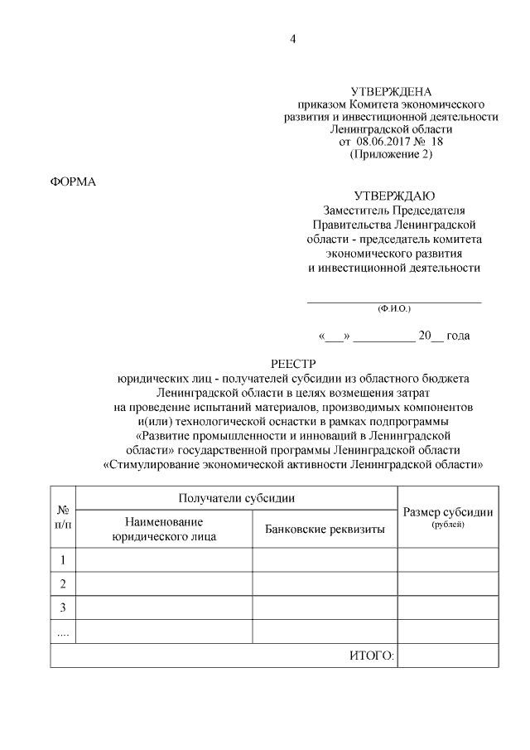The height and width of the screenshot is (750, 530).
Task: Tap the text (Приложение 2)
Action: tap(391, 154)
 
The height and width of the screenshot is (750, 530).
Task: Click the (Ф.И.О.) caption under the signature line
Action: tap(394, 307)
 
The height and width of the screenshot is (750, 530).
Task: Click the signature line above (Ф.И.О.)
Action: tap(394, 300)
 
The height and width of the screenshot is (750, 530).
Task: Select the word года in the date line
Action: tap(458, 336)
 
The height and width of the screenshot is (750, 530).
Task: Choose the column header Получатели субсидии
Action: tap(237, 497)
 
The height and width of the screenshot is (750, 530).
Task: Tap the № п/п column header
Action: tap(63, 516)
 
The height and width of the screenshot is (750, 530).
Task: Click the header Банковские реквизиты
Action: tap(325, 530)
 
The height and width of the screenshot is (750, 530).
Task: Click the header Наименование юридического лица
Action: tap(164, 529)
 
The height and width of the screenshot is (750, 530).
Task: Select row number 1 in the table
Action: tap(63, 560)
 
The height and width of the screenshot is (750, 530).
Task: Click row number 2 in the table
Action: tap(63, 584)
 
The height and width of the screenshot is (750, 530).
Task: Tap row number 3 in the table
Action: tap(63, 608)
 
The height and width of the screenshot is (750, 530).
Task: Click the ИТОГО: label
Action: tap(371, 656)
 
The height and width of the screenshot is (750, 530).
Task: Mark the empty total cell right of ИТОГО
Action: tap(448, 656)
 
